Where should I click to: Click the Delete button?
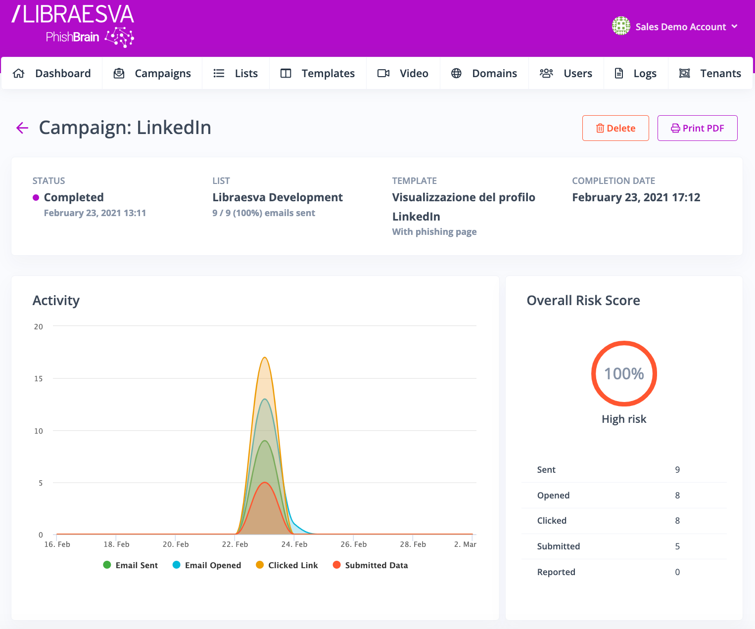(x=615, y=128)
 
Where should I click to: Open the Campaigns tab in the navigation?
(x=152, y=74)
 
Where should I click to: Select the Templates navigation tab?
(x=318, y=74)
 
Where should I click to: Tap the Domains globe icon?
(x=456, y=74)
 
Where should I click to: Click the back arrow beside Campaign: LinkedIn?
(x=22, y=128)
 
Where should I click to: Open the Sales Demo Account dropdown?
(x=675, y=27)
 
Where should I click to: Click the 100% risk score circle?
(x=624, y=373)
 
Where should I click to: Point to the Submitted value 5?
(x=677, y=546)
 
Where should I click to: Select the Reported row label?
(x=556, y=572)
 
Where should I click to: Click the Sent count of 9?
(x=677, y=470)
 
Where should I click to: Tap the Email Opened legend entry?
(x=207, y=565)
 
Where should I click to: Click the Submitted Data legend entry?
(x=371, y=565)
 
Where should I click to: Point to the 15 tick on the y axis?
(x=39, y=379)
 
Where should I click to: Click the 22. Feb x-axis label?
(x=235, y=544)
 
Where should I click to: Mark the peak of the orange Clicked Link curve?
(x=265, y=358)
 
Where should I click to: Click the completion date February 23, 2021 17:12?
(x=636, y=197)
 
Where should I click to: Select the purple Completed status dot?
(x=36, y=198)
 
